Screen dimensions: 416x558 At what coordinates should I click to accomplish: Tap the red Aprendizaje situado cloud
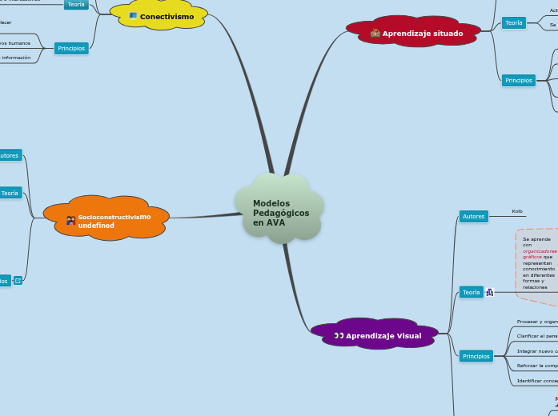[x=413, y=33]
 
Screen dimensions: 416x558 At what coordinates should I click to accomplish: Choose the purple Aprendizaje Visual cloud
[x=375, y=335]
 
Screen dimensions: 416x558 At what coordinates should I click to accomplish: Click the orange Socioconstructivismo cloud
[x=106, y=218]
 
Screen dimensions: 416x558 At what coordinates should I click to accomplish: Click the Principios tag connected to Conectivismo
[x=71, y=49]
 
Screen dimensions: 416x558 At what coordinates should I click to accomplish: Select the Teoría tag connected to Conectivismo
[x=76, y=4]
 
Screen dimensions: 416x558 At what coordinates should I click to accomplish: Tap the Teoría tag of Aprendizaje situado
[x=513, y=23]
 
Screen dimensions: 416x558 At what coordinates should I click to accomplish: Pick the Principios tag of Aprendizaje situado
[x=519, y=80]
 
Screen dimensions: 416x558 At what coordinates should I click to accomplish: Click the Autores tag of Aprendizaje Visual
[x=473, y=216]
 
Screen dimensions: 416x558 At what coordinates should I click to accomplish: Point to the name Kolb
[x=517, y=211]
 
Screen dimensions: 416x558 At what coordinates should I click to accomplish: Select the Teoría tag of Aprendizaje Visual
[x=471, y=293]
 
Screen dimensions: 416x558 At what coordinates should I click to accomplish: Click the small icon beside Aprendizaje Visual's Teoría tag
[x=490, y=293]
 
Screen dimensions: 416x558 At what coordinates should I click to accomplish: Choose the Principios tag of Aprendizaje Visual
[x=476, y=356]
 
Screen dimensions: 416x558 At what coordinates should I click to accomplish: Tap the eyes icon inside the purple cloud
[x=339, y=336]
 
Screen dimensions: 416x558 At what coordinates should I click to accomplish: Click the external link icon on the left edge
[x=18, y=281]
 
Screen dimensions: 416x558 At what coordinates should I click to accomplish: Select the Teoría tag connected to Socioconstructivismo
[x=10, y=193]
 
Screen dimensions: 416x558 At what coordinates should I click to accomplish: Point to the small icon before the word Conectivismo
[x=133, y=16]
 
